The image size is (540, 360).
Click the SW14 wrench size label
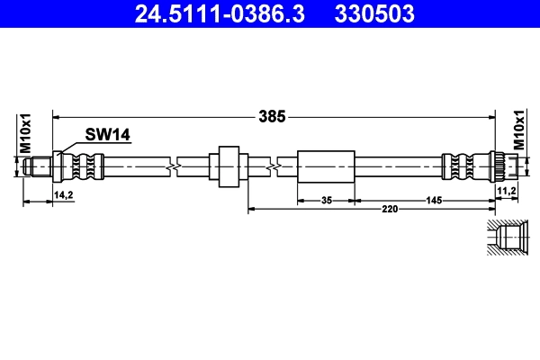pos(108,135)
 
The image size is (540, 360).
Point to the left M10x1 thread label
pos(26,133)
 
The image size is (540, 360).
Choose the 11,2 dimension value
pos(506,192)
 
